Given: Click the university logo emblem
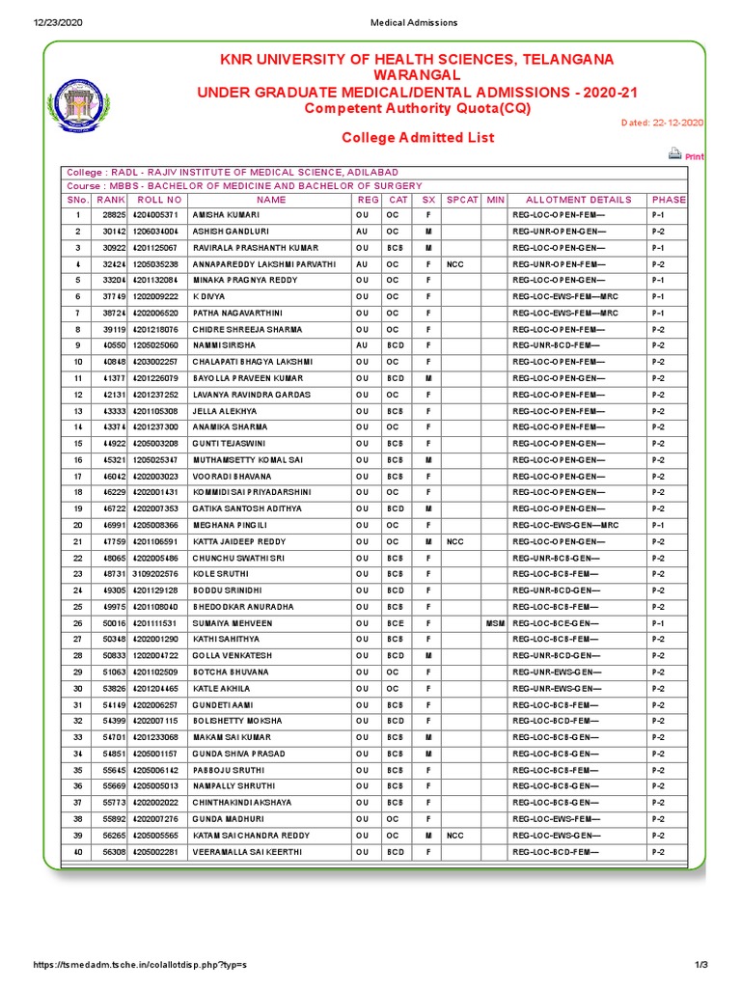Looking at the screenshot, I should point(86,103).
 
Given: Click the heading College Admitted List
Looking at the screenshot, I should point(418,138).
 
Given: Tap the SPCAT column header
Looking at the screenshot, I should point(463,200).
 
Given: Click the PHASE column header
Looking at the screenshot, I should point(668,200).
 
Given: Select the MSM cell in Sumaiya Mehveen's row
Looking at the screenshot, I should point(495,624).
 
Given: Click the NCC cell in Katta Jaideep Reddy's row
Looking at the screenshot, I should point(455,542).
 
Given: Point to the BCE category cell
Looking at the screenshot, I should point(393,624).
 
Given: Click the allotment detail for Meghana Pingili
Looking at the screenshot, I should point(564,526).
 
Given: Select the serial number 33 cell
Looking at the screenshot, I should point(76,738).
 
